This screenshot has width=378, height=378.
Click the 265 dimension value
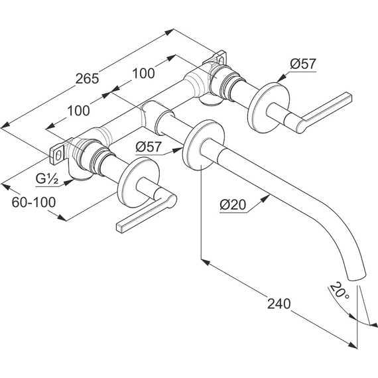click(87, 78)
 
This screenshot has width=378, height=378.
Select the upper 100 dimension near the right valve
click(143, 73)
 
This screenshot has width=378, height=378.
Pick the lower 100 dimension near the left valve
click(79, 111)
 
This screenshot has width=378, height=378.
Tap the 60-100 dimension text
click(34, 202)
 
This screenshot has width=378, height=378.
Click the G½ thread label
click(47, 179)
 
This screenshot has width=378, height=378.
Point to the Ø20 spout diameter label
click(233, 205)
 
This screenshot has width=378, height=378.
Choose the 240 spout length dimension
click(279, 304)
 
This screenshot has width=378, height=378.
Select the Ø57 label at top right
click(302, 64)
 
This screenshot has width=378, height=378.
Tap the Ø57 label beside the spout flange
click(149, 147)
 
